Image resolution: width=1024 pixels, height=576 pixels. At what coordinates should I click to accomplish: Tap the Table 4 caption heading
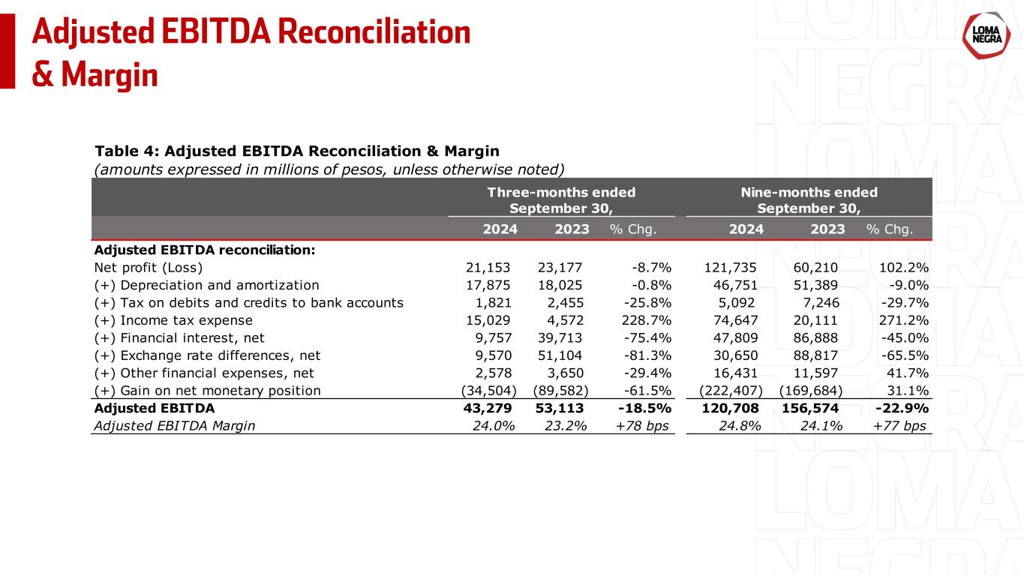coord(296,151)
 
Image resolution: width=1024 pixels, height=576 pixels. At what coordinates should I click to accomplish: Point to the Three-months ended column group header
coord(561,199)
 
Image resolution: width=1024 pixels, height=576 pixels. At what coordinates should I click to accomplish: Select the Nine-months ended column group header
coord(809,199)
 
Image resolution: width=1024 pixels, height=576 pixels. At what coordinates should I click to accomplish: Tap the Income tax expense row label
coord(173,320)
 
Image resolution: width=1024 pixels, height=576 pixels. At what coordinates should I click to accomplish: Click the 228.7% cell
coord(647,320)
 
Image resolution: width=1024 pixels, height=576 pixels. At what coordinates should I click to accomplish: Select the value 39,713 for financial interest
coord(563,337)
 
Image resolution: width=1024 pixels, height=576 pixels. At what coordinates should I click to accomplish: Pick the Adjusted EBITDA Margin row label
coord(175,426)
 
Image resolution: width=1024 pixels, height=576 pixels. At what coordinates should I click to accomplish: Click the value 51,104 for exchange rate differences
coord(563,355)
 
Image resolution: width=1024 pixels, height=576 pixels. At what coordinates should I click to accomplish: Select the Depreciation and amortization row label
coord(206,285)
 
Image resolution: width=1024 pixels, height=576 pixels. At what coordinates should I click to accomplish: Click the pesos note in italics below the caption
coord(329,169)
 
